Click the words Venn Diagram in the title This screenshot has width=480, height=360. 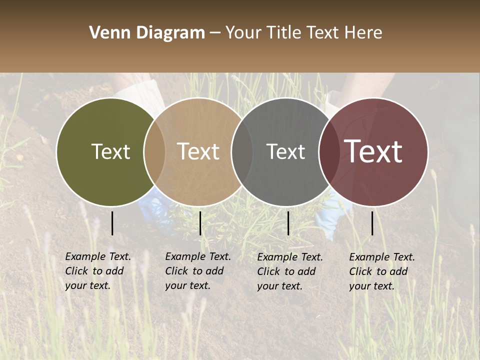click(x=147, y=33)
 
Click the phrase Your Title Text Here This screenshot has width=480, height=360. click(x=303, y=33)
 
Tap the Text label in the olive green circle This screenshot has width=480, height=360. click(x=110, y=151)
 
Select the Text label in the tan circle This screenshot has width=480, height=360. click(x=198, y=151)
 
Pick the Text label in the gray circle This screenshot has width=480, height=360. click(x=285, y=151)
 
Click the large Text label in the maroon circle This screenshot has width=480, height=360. click(x=373, y=151)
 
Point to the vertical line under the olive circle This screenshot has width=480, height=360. click(x=112, y=223)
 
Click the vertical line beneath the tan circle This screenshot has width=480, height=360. click(x=200, y=223)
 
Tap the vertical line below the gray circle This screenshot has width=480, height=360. click(x=288, y=223)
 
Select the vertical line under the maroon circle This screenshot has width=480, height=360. click(x=372, y=223)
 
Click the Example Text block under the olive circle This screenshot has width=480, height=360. click(x=98, y=271)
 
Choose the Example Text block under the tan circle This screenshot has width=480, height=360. click(x=198, y=271)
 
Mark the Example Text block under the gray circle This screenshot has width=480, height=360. click(x=290, y=271)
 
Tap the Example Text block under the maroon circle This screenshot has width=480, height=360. click(x=382, y=271)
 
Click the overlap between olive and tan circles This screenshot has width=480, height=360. click(x=154, y=152)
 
